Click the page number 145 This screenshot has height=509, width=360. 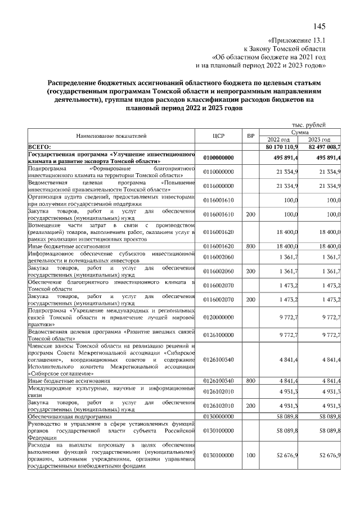point(319,26)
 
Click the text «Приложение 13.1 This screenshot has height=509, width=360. point(298,40)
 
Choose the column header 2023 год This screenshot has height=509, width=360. point(319,139)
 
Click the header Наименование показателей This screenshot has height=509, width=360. point(111,136)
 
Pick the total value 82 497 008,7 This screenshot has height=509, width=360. point(322,146)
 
